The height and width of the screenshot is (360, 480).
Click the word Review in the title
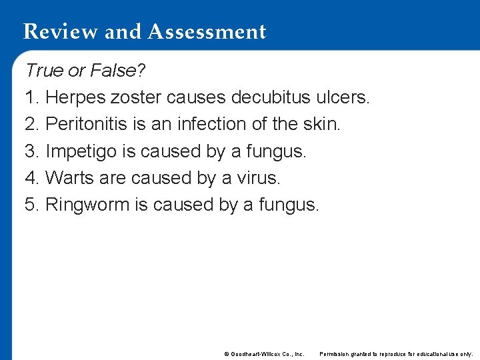tap(57, 31)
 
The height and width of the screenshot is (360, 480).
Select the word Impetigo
tap(81, 151)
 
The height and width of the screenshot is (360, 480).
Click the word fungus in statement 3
tap(276, 151)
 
